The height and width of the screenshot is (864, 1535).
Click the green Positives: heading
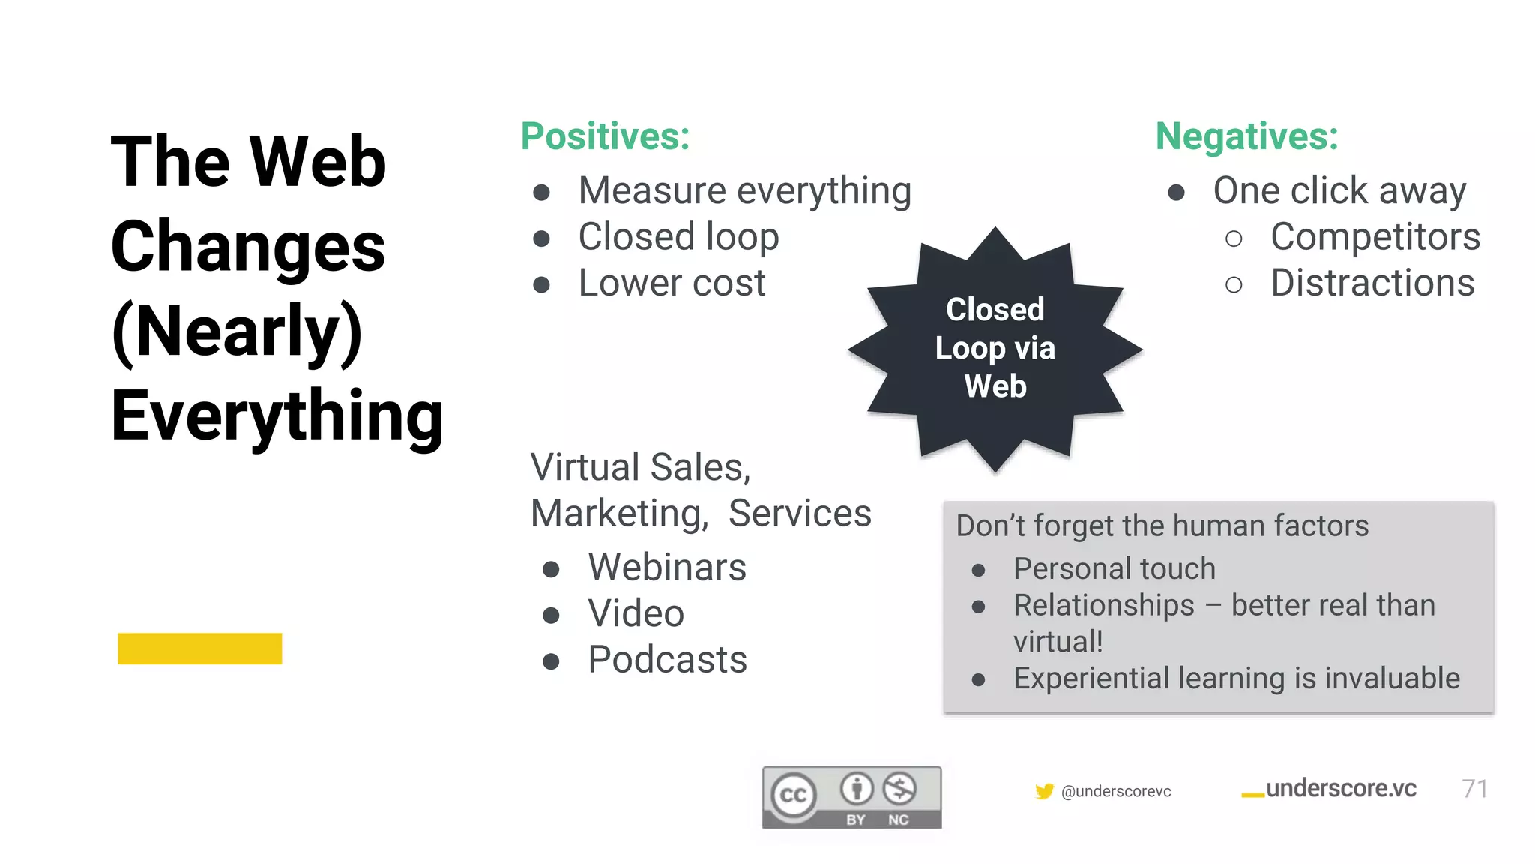click(x=605, y=136)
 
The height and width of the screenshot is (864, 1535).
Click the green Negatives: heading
click(x=1246, y=136)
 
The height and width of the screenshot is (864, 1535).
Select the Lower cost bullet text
click(x=672, y=283)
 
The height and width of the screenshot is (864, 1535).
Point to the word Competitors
click(x=1375, y=237)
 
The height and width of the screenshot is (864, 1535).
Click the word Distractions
click(x=1372, y=283)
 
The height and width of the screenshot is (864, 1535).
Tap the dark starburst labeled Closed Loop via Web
click(x=995, y=349)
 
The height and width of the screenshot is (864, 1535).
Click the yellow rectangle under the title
click(x=200, y=649)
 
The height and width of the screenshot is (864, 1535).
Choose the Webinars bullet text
click(x=667, y=568)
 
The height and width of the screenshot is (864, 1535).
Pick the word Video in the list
click(x=636, y=614)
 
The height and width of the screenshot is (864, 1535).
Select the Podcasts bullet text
click(x=667, y=661)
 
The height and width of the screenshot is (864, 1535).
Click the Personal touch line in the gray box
click(x=1114, y=569)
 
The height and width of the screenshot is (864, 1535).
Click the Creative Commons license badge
click(x=851, y=797)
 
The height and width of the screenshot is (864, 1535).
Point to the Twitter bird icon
click(x=1044, y=791)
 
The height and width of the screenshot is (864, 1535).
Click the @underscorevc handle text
click(x=1116, y=792)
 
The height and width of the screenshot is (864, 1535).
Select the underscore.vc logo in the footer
click(x=1329, y=789)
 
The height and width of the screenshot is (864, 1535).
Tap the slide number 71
click(x=1474, y=789)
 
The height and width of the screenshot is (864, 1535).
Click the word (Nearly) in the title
click(x=237, y=331)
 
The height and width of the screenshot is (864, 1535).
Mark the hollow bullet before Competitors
click(x=1234, y=239)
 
